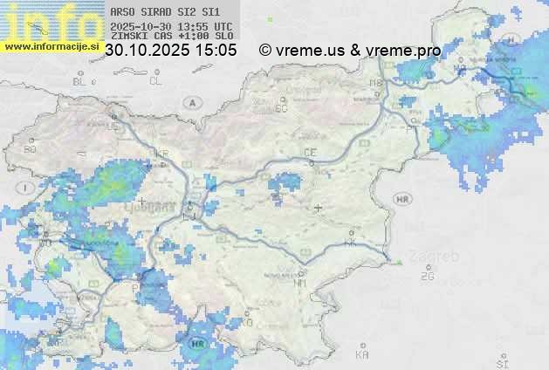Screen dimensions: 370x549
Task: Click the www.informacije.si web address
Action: [x=50, y=46]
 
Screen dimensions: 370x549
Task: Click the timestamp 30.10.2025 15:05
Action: [x=170, y=51]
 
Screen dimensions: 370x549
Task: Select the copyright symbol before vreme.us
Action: [x=264, y=51]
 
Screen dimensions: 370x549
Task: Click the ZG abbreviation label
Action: [x=427, y=277]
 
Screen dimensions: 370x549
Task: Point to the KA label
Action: [x=362, y=354]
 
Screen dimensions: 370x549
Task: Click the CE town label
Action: [x=309, y=153]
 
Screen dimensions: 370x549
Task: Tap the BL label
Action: [x=80, y=81]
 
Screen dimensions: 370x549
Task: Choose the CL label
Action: [x=155, y=81]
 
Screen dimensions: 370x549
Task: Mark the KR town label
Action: [x=161, y=154]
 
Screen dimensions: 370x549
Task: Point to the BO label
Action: [x=31, y=149]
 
